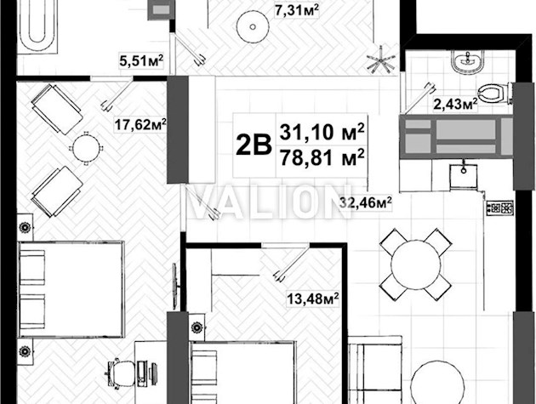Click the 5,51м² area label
click(141, 61)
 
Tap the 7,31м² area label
click(297, 10)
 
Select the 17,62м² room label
click(140, 124)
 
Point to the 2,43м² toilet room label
click(455, 104)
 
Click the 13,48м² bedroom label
click(313, 299)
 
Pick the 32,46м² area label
click(366, 202)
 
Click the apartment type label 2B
click(254, 145)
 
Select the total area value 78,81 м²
click(322, 157)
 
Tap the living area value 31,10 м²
click(322, 132)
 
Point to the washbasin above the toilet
click(468, 61)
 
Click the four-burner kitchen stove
click(500, 208)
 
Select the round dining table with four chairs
click(416, 265)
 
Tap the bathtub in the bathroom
click(37, 26)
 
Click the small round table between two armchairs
click(87, 148)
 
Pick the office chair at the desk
click(120, 373)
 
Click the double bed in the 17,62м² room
click(71, 289)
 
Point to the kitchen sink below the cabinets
click(464, 176)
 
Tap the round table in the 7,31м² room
click(253, 26)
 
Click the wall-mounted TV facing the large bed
click(175, 286)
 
